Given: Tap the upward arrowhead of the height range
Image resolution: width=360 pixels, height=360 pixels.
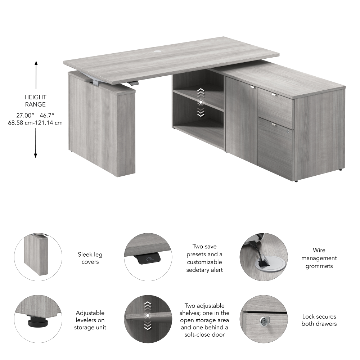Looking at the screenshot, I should (36, 63).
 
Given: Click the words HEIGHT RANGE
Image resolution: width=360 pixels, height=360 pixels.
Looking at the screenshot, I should (35, 100).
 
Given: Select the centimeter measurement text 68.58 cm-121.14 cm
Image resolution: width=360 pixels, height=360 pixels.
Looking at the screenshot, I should (35, 122).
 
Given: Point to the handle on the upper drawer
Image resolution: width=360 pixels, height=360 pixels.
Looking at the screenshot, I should (274, 95).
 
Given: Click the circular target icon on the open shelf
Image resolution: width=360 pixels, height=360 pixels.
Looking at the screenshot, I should (201, 103).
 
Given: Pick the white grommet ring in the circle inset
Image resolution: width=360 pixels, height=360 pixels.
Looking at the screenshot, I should (264, 263).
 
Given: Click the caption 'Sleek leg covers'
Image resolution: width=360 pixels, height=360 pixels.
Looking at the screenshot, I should (90, 258).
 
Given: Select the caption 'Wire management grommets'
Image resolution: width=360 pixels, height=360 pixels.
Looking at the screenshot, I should (319, 258).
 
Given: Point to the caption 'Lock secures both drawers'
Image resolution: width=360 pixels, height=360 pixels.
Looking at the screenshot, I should (319, 320).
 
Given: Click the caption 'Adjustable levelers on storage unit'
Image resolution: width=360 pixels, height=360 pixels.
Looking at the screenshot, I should (90, 320).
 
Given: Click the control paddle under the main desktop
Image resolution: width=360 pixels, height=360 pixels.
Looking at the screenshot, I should (134, 83).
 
